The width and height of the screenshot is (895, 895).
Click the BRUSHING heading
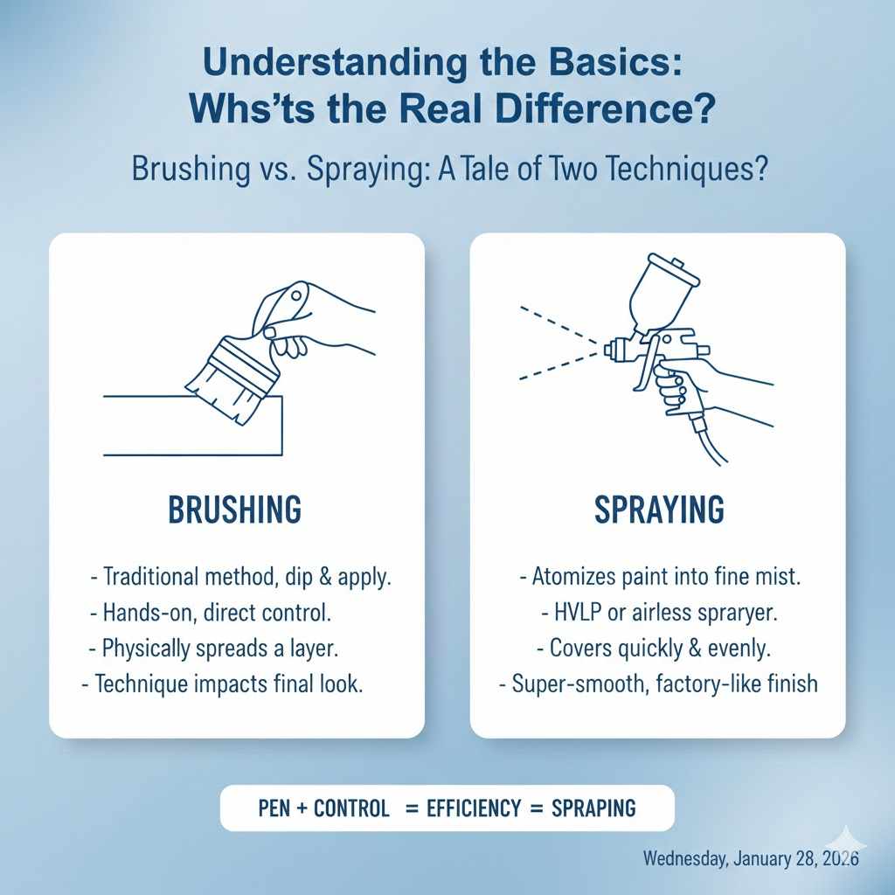[233, 509]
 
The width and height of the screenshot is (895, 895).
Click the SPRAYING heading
[659, 509]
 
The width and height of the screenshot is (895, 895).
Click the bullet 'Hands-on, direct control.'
[210, 613]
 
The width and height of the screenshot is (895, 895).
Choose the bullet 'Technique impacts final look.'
[221, 684]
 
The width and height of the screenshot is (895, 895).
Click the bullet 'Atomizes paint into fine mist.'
[659, 577]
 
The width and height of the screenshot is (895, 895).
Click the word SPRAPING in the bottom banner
[593, 808]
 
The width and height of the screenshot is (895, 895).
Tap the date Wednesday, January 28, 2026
[751, 857]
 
